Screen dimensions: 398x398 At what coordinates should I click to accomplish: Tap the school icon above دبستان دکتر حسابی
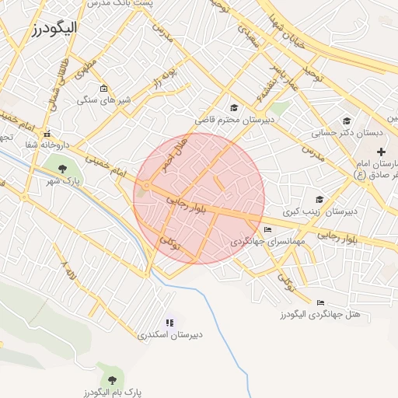click(x=346, y=120)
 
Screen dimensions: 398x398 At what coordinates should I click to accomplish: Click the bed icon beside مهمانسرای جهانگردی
click(x=268, y=230)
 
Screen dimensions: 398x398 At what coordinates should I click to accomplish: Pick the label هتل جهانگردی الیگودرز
click(x=319, y=315)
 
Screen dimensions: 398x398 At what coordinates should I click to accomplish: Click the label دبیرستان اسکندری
click(x=169, y=335)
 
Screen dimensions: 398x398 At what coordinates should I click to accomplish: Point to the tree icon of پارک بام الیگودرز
click(x=113, y=380)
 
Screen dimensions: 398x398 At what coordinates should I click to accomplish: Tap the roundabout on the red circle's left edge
click(x=146, y=185)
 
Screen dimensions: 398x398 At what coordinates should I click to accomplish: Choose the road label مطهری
click(x=86, y=68)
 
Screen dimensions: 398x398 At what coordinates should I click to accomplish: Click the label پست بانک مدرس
click(x=148, y=4)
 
